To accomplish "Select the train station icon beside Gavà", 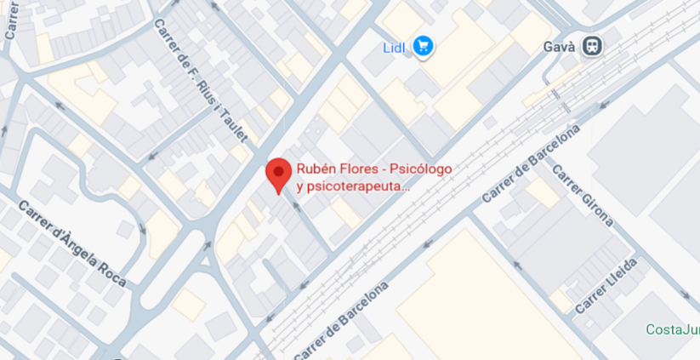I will pos(593,47).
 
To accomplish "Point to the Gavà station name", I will pos(560,47).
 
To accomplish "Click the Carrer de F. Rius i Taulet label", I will pos(201,81).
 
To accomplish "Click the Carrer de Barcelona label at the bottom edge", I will pos(340,321).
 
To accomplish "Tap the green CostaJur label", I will pos(673,330).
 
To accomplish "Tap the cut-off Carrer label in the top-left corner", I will pos(11,19).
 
